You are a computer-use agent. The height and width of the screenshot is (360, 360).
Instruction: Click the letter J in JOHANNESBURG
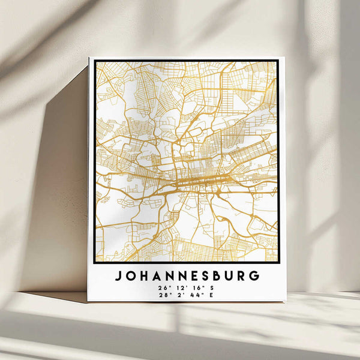click(118, 277)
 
